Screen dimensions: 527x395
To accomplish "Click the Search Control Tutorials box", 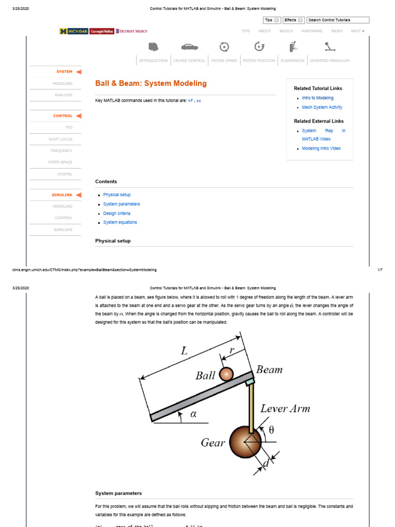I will [x=338, y=20].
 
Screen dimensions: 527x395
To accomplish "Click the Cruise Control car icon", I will [x=189, y=47].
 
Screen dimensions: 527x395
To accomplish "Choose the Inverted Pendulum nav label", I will [x=330, y=61].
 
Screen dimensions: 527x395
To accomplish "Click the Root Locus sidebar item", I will [x=61, y=139].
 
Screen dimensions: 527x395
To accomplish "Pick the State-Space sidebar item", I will [x=61, y=162].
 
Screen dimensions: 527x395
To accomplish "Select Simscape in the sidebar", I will [x=63, y=230].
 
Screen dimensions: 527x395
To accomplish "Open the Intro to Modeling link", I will [x=317, y=98].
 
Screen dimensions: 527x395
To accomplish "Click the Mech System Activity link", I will [x=322, y=107].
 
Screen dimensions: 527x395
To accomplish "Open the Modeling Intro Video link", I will [x=321, y=148].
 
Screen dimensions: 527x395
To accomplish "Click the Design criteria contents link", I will [x=116, y=213].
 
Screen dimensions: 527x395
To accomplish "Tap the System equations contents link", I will [x=120, y=222].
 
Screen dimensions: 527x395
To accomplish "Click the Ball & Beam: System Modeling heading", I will [x=151, y=83].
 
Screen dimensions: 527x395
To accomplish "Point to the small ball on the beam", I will [x=226, y=374].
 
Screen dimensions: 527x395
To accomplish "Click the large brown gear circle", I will [x=245, y=441].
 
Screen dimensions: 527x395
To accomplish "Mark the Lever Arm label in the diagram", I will [x=285, y=409].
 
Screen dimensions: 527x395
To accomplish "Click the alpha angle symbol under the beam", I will [x=194, y=415].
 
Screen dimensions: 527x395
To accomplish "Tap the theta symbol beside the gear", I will [x=271, y=431].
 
